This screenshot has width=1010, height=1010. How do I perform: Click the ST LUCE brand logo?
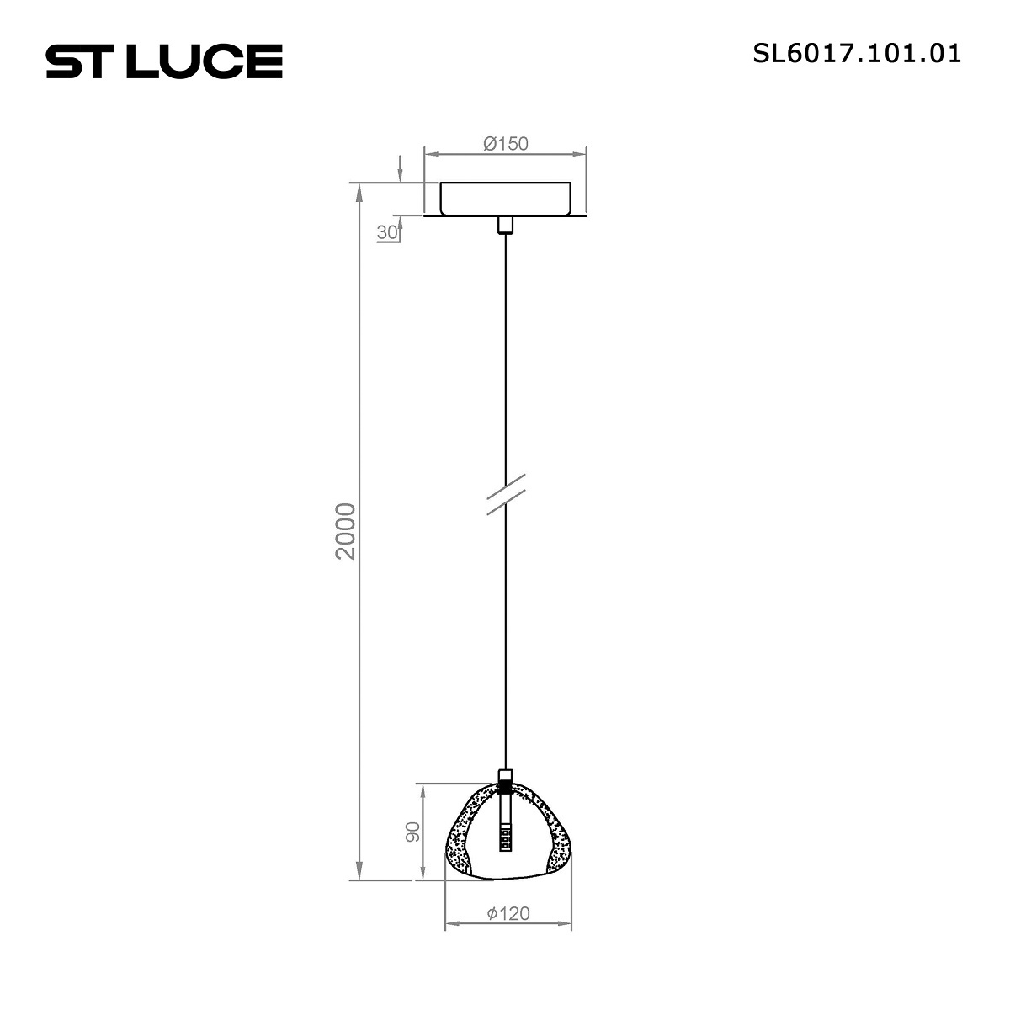[164, 61]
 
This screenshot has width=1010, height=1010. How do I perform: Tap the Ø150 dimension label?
[506, 143]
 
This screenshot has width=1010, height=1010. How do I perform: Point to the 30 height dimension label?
[386, 233]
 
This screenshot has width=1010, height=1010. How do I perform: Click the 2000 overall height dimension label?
[346, 531]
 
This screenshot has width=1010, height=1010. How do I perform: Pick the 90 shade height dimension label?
[412, 832]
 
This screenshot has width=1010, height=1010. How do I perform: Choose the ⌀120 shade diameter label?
[508, 913]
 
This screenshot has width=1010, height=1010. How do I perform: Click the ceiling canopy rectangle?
[505, 199]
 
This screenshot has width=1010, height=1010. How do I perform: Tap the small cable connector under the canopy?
[505, 225]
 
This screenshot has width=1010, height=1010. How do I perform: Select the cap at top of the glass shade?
[505, 777]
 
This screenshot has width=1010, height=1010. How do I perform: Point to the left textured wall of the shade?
[460, 833]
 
